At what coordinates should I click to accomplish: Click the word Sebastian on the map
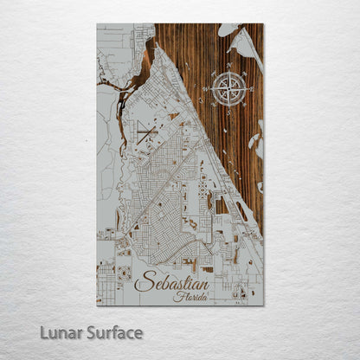(171, 280)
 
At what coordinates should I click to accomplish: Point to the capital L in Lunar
(41, 332)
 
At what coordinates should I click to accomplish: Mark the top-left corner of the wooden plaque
(97, 23)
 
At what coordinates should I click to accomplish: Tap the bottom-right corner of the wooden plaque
(263, 305)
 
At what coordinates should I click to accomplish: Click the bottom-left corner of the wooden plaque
(97, 305)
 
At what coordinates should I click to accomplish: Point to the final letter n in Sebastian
(205, 282)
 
